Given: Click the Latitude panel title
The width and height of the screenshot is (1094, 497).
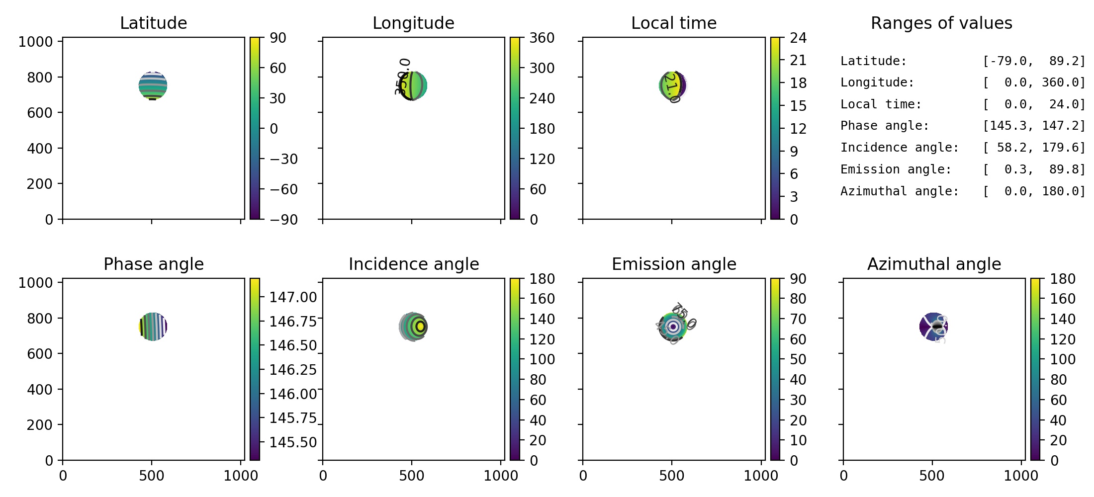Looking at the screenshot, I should tap(153, 23).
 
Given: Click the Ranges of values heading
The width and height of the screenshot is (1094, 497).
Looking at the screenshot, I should tap(941, 23).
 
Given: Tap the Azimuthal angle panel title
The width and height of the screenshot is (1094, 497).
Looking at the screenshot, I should tap(934, 264).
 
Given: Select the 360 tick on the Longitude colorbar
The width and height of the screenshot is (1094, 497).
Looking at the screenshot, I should tap(542, 38).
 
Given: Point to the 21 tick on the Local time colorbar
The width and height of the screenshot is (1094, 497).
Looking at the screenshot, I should tap(798, 60).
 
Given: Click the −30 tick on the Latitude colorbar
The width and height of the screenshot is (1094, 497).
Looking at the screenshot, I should tap(283, 159).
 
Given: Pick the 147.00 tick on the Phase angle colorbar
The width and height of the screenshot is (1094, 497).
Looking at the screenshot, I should tap(293, 297).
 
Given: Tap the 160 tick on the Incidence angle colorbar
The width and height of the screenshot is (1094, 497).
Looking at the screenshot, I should tap(542, 299).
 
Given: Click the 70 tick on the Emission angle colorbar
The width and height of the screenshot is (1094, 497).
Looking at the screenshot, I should tap(798, 319).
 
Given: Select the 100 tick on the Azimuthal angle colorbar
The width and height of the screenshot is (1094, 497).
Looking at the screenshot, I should tap(1062, 359).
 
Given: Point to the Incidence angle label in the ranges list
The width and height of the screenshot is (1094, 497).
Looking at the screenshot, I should tap(899, 148).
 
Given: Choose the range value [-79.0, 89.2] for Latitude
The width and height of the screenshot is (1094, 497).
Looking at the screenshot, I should tap(1034, 61).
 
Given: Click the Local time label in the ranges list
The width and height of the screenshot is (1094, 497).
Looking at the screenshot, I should tap(881, 104).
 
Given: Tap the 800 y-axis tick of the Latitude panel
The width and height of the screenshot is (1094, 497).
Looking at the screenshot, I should tap(39, 78).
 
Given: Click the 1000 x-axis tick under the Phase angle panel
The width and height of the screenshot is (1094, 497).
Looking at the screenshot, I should tap(241, 476).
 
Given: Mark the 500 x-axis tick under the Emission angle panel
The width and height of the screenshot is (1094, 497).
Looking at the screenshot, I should tap(672, 476).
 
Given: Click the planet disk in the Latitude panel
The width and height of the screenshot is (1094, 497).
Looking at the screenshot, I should tap(153, 86).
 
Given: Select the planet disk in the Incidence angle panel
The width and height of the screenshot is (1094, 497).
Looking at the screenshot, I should tap(413, 327).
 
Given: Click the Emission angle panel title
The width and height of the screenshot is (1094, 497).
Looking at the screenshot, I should tap(674, 264).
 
